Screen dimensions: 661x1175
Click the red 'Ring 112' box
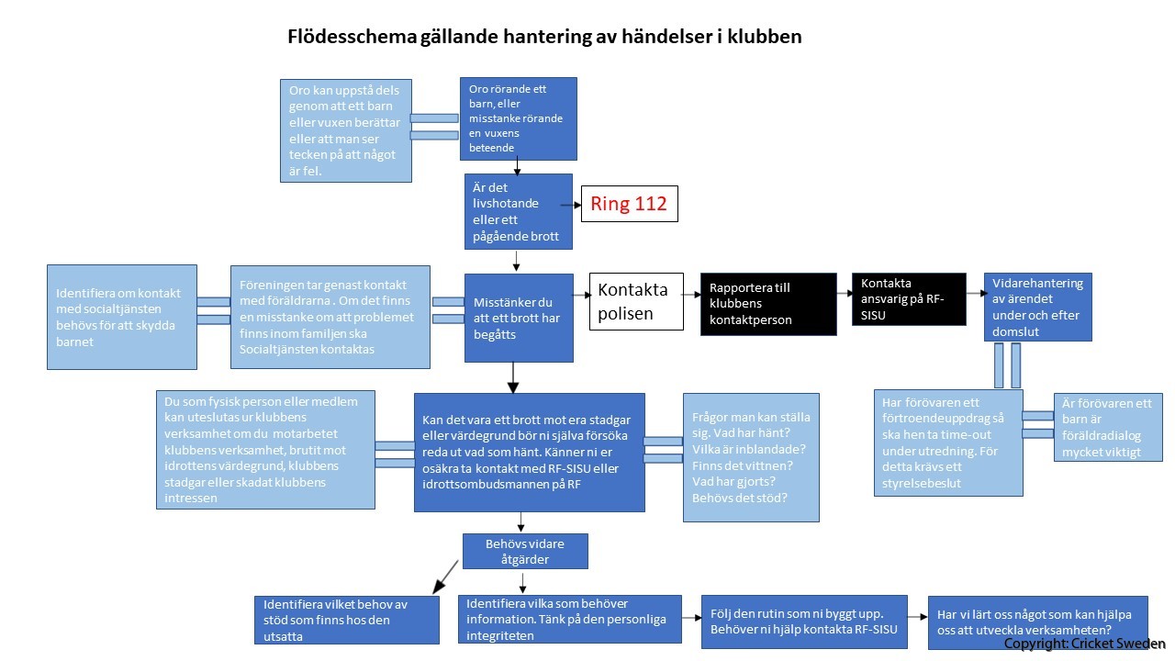coord(630,204)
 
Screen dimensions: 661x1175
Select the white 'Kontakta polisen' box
coord(636,301)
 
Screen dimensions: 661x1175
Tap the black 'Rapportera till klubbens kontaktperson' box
coord(768,304)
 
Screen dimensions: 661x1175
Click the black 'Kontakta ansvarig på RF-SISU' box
coord(909,298)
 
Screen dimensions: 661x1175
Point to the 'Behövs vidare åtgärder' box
coord(524,551)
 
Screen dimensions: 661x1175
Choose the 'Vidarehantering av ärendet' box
coord(1037,307)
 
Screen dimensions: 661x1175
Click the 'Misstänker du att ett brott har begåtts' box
coord(519,318)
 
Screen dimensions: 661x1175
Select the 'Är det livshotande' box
coord(518,211)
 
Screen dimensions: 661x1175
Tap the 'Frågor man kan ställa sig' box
coord(751,457)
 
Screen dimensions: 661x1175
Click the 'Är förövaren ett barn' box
coord(1107,427)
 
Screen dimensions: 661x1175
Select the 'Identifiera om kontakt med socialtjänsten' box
coord(121,317)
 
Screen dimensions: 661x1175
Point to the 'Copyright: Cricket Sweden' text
coord(1084,644)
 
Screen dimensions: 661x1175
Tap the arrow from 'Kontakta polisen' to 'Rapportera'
coord(692,294)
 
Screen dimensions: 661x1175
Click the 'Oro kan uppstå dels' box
coord(345,129)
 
